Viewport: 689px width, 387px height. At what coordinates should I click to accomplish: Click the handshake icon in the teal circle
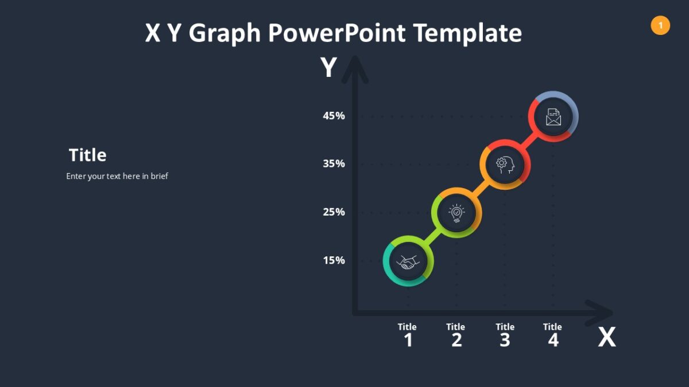click(x=408, y=262)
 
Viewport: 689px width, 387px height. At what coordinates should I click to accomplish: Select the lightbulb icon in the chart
click(x=456, y=213)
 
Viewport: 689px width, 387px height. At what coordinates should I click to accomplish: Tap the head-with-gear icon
click(x=505, y=165)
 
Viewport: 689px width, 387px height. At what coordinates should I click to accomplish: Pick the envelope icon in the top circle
click(x=553, y=117)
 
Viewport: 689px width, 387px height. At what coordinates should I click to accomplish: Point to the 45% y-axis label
click(x=334, y=116)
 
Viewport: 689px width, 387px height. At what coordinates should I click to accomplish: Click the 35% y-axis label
click(x=334, y=164)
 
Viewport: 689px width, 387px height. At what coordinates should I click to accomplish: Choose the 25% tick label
click(x=334, y=212)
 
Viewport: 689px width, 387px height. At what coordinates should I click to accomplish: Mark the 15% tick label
click(x=334, y=261)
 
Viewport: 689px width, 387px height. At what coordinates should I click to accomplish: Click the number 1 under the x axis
click(x=408, y=341)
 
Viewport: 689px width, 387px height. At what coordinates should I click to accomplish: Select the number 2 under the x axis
click(x=456, y=341)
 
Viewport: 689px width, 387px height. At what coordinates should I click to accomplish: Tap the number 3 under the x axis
click(x=505, y=341)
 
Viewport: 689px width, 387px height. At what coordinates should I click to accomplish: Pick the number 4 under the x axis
click(x=553, y=341)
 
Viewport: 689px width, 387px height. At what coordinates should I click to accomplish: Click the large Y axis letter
click(x=328, y=68)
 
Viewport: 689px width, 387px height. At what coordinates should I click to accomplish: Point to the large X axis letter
click(x=606, y=338)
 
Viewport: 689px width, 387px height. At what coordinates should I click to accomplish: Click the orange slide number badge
click(x=660, y=25)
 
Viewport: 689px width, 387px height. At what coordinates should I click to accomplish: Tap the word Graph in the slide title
click(x=224, y=33)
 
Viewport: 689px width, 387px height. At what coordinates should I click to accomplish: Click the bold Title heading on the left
click(x=87, y=155)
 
